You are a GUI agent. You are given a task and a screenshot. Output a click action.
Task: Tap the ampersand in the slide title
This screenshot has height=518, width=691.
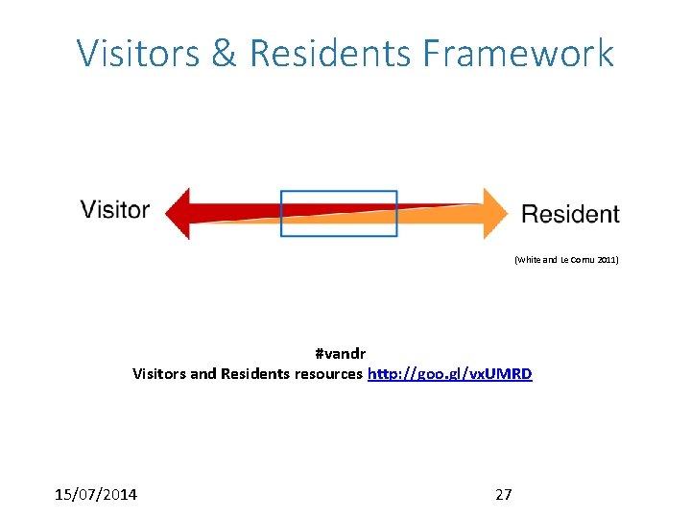click(224, 53)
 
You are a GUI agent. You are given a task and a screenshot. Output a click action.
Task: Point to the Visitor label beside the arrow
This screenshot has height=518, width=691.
click(114, 209)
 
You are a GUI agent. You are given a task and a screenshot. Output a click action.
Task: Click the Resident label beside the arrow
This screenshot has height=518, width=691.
click(570, 214)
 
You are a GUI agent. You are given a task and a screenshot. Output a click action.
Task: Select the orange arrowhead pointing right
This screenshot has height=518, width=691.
click(494, 213)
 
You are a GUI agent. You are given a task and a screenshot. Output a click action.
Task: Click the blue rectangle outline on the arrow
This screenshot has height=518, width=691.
click(339, 192)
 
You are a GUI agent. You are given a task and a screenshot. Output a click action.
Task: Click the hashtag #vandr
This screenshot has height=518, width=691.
click(340, 354)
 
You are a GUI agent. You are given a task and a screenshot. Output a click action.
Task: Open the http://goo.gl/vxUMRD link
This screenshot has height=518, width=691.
click(449, 373)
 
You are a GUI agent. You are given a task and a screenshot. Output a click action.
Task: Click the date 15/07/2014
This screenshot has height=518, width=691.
click(96, 494)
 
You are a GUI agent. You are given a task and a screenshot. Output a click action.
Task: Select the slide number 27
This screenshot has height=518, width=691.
click(503, 494)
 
